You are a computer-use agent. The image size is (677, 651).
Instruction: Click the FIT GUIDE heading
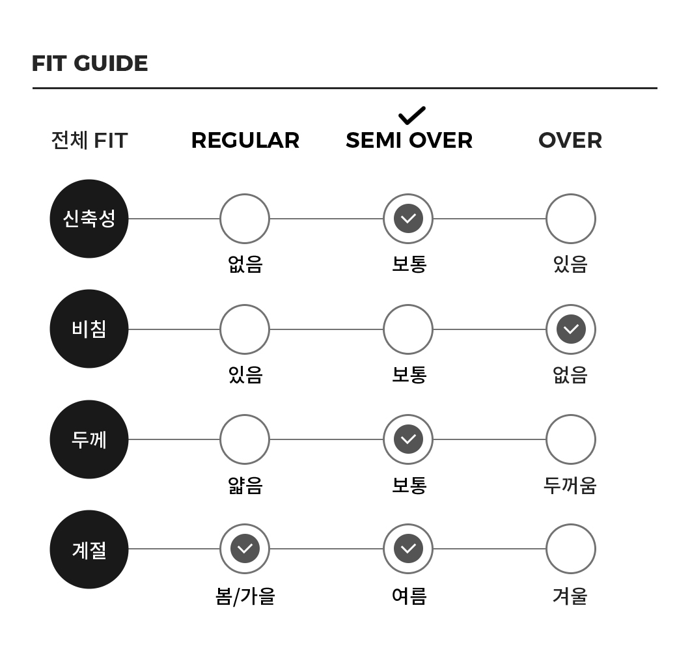click(90, 63)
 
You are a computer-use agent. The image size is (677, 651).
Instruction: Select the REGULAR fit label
click(245, 141)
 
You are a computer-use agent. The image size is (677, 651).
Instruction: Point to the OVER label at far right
click(570, 141)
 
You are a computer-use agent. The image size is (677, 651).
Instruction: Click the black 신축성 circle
click(89, 219)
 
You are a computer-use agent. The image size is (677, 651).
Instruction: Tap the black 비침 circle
click(89, 329)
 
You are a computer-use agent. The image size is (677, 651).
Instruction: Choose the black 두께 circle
click(89, 439)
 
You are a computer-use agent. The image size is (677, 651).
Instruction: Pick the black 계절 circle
click(89, 549)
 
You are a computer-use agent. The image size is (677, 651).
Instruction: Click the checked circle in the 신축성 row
click(408, 219)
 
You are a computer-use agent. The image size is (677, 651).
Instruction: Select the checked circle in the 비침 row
click(571, 329)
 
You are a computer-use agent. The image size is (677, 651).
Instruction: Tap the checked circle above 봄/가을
click(245, 549)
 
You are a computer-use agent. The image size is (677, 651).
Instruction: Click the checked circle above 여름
click(408, 549)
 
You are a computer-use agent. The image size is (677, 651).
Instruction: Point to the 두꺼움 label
click(570, 485)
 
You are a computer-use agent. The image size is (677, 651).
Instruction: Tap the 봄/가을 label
click(245, 596)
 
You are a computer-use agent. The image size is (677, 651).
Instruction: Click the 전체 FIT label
click(89, 141)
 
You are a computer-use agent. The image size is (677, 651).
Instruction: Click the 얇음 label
click(245, 485)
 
